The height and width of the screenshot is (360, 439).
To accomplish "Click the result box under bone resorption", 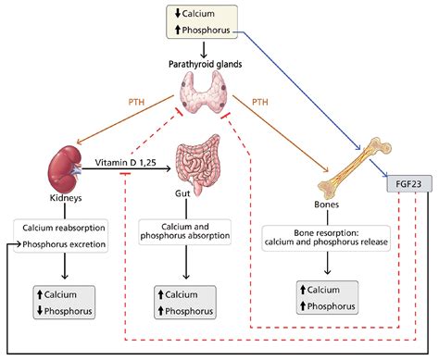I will tap(330, 297).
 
